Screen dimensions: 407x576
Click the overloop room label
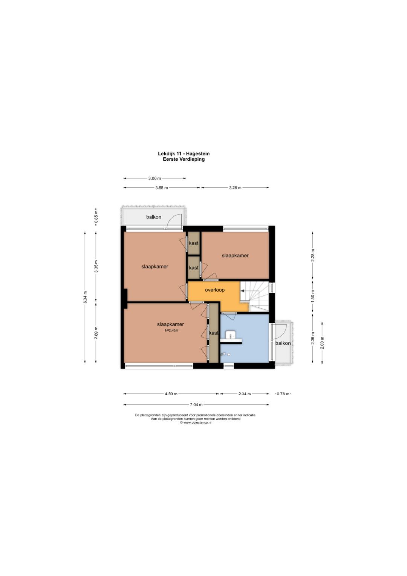(x=214, y=290)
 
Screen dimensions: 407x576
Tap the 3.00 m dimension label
(x=155, y=178)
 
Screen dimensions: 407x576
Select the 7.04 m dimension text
(x=196, y=404)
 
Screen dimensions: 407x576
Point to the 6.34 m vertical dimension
(x=85, y=297)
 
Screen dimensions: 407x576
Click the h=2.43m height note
(x=171, y=331)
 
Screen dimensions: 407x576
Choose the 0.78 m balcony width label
(x=283, y=394)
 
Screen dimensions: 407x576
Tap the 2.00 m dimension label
(x=322, y=343)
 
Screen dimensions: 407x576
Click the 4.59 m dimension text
(x=171, y=394)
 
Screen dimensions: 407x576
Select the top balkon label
(x=154, y=217)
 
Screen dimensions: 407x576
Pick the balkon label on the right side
(x=283, y=343)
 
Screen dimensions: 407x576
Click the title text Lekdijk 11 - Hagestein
(x=184, y=154)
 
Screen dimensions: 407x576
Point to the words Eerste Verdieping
(x=184, y=159)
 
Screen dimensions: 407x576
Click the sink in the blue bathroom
(x=231, y=335)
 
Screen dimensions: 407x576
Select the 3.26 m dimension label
(x=235, y=188)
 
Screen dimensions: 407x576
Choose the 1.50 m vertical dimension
(x=313, y=296)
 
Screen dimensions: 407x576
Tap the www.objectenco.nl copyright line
(x=196, y=422)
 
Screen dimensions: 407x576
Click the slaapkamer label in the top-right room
(x=235, y=256)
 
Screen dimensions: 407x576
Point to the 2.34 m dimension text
(x=244, y=394)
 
